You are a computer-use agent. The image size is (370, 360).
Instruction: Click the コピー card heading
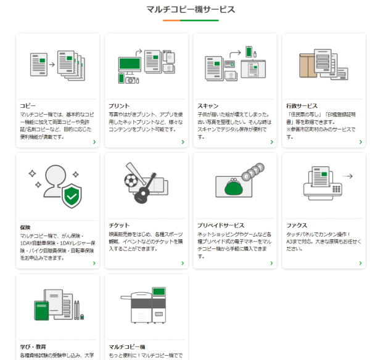[28, 106]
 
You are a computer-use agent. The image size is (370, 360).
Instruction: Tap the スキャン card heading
[208, 106]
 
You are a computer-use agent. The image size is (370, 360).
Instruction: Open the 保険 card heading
[25, 227]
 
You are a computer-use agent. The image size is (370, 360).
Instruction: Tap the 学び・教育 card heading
[33, 347]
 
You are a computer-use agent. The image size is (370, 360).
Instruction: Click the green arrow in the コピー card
[94, 142]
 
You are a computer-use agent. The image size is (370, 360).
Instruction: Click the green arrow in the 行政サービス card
[360, 142]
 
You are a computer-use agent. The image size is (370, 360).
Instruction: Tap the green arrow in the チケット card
[183, 263]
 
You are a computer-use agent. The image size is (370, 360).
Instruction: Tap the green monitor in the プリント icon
[129, 63]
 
